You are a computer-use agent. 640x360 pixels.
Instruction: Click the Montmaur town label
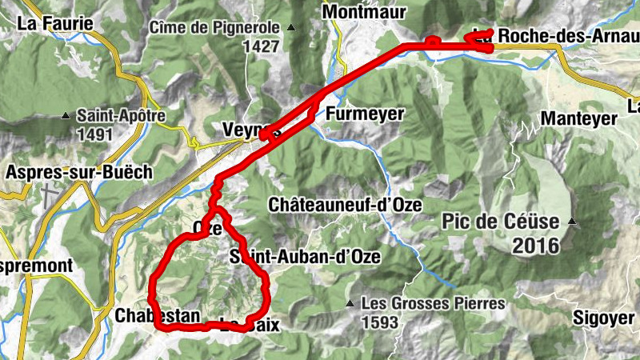[364, 12]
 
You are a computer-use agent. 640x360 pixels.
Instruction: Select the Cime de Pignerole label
[215, 28]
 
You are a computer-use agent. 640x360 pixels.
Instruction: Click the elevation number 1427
[262, 46]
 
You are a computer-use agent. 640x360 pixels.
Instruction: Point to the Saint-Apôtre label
[121, 116]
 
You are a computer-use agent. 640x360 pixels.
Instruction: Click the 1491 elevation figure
[95, 134]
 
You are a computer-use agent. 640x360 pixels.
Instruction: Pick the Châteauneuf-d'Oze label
[345, 205]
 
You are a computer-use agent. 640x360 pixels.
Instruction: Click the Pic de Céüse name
[504, 220]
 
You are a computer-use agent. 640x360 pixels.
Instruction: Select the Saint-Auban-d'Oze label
[304, 257]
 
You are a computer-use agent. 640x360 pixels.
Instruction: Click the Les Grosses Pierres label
[433, 303]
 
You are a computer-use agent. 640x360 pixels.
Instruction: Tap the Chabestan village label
[157, 316]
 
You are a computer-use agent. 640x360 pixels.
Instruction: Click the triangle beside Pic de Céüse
[572, 221]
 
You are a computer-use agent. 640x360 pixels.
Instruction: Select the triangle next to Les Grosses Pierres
[350, 304]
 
